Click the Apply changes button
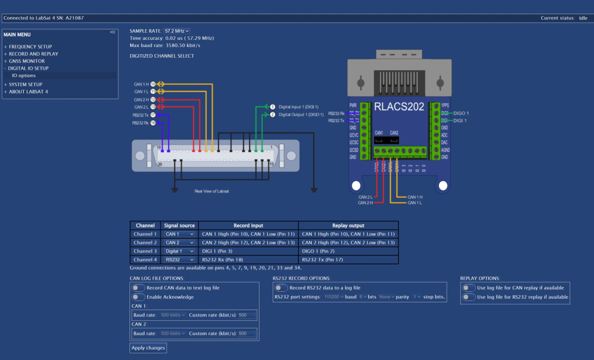coord(148,348)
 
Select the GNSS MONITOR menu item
coord(27,61)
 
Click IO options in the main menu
coord(24,75)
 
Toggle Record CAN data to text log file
coord(138,288)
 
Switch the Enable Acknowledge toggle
coord(138,296)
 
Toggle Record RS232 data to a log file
coord(281,288)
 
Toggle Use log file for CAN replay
coord(469,288)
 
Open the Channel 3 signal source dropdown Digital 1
coord(179,251)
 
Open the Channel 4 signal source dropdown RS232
coord(179,260)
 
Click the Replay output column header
coord(348,226)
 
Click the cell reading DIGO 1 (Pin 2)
coord(348,251)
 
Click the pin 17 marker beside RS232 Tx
coord(153,115)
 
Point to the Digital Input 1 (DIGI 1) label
coord(298,107)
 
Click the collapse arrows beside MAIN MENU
coord(112,33)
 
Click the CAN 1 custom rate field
coord(247,315)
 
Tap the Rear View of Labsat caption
coord(211,191)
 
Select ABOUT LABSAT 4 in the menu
coord(28,91)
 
